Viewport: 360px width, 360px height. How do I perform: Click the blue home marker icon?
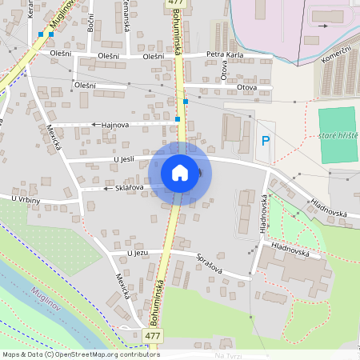click(180, 173)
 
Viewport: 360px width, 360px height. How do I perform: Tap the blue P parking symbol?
click(266, 142)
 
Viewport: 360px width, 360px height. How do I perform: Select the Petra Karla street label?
click(224, 55)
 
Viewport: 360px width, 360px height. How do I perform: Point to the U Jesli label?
click(125, 160)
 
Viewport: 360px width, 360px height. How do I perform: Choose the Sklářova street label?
click(130, 187)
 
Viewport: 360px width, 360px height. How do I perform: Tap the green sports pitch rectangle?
click(336, 125)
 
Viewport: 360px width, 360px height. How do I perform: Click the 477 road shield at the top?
click(176, 4)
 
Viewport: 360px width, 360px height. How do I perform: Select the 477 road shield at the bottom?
click(153, 335)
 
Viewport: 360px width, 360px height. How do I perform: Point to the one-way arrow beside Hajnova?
click(94, 125)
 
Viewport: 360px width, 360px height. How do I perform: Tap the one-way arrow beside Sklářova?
click(106, 189)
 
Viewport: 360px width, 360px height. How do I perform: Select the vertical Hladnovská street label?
click(263, 213)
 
